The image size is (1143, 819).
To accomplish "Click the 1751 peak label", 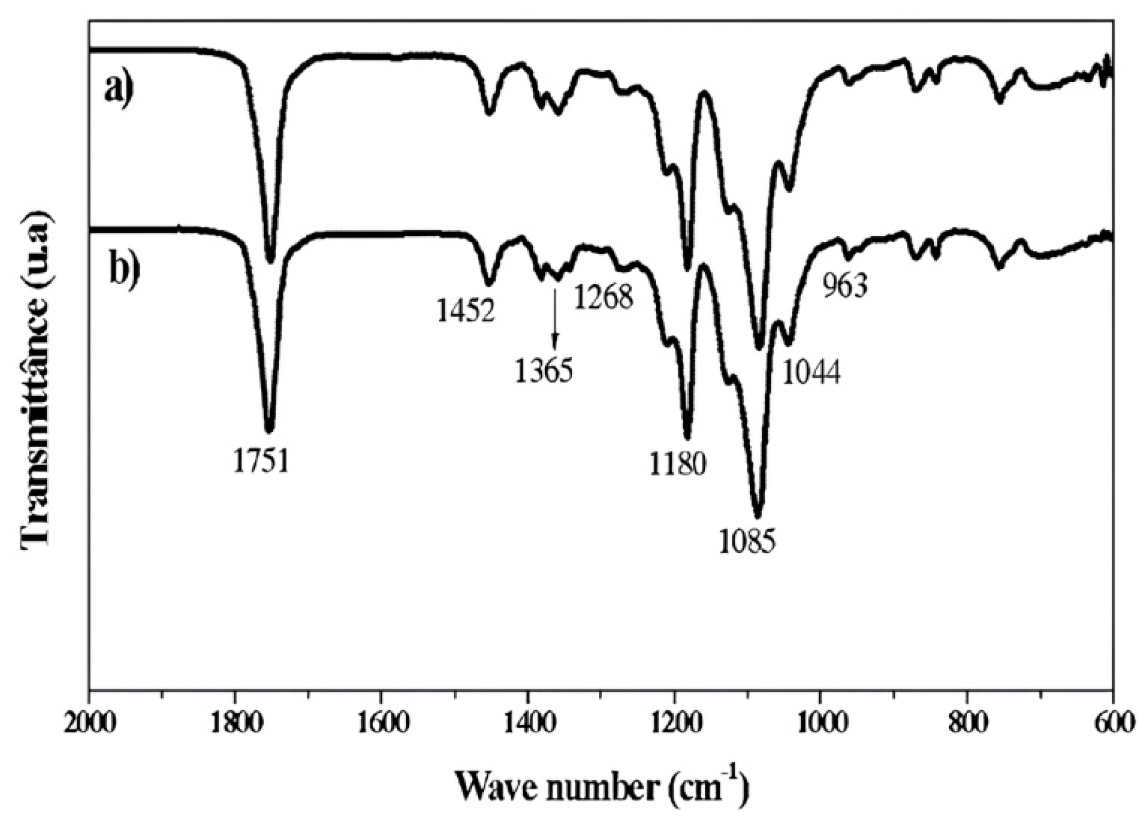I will [261, 462].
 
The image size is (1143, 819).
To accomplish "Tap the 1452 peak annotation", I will [466, 312].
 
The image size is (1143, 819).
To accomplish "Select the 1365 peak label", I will [544, 371].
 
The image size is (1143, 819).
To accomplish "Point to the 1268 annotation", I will [604, 297].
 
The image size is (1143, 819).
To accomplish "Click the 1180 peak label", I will [678, 465].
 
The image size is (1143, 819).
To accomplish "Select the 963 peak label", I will [845, 287].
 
